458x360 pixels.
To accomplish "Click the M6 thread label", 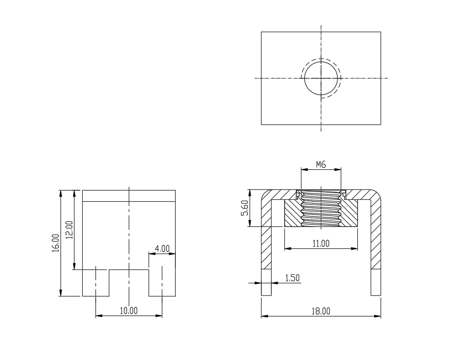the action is click(321, 165).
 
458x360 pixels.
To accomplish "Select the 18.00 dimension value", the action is click(321, 311).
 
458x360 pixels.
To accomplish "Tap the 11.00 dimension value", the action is click(321, 243).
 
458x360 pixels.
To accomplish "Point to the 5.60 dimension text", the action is click(245, 208).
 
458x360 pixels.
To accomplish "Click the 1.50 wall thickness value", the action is click(292, 278).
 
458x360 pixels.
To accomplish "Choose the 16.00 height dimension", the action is click(56, 243).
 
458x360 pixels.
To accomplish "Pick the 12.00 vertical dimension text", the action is click(70, 230).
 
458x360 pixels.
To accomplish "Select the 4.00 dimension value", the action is click(162, 249).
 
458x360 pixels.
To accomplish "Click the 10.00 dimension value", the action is click(129, 311).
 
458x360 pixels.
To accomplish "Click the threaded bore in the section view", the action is click(321, 209).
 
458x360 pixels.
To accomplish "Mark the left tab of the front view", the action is click(96, 283).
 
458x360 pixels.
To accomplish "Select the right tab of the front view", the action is click(162, 283).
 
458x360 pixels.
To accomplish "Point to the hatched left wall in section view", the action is click(266, 234).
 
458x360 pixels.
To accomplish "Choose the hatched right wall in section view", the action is click(376, 234).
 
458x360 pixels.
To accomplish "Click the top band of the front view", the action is click(129, 196).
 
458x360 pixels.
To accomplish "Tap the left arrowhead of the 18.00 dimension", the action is click(265, 316).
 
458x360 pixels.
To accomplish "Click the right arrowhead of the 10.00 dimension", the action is click(159, 315).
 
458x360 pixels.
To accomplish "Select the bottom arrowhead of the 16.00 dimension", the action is click(61, 293).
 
